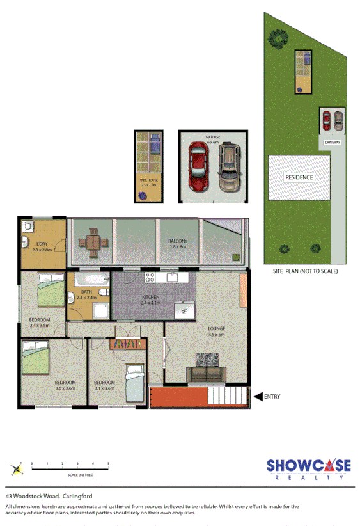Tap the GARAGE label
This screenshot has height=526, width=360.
coord(212,137)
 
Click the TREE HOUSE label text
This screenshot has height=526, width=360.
coord(148,181)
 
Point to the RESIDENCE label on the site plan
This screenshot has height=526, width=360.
coord(299,177)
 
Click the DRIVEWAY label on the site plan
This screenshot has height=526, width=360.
coord(332,142)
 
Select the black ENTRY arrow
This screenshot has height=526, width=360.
coord(258,397)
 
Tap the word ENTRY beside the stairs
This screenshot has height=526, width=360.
coord(272,397)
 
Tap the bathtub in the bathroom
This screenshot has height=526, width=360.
coord(91,281)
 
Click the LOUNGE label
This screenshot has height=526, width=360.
coord(216,329)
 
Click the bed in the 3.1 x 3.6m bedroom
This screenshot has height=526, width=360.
coord(134,379)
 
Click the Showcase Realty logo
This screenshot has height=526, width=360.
coord(308,469)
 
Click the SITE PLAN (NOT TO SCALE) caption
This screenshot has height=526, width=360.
coord(305,271)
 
